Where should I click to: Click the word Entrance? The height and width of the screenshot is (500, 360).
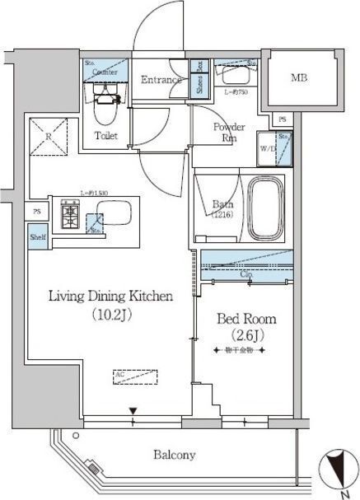[x=160, y=80]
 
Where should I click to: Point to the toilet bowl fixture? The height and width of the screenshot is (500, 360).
[x=106, y=105]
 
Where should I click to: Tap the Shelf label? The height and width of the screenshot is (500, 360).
[x=38, y=237]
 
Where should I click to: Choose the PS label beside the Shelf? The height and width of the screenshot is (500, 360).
[x=37, y=211]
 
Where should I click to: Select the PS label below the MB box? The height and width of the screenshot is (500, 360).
[x=283, y=119]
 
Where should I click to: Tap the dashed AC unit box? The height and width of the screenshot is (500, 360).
[x=133, y=376]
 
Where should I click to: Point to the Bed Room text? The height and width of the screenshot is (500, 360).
[x=245, y=319]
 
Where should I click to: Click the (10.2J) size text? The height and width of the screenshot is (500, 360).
[x=110, y=314]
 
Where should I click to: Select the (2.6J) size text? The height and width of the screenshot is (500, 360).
[x=245, y=334]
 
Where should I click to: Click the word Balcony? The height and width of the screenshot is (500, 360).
[x=174, y=455]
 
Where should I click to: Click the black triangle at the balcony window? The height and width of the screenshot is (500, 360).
[x=133, y=410]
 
